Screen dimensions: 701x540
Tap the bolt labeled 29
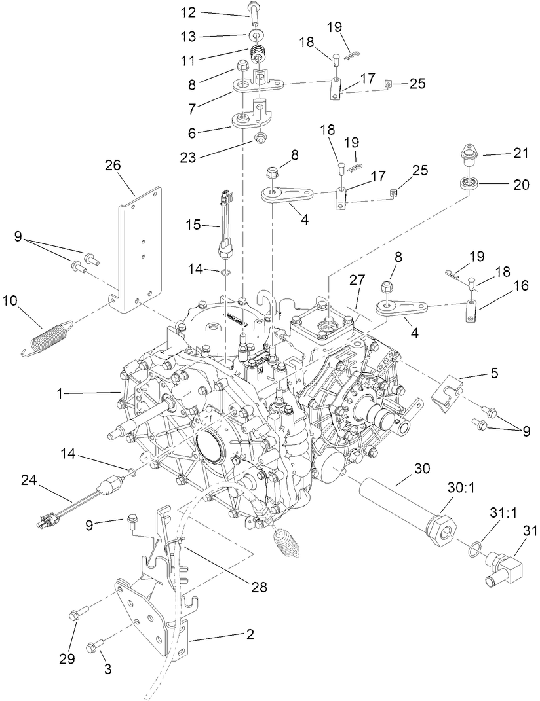pos(75,615)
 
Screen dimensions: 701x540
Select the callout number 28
pos(260,587)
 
